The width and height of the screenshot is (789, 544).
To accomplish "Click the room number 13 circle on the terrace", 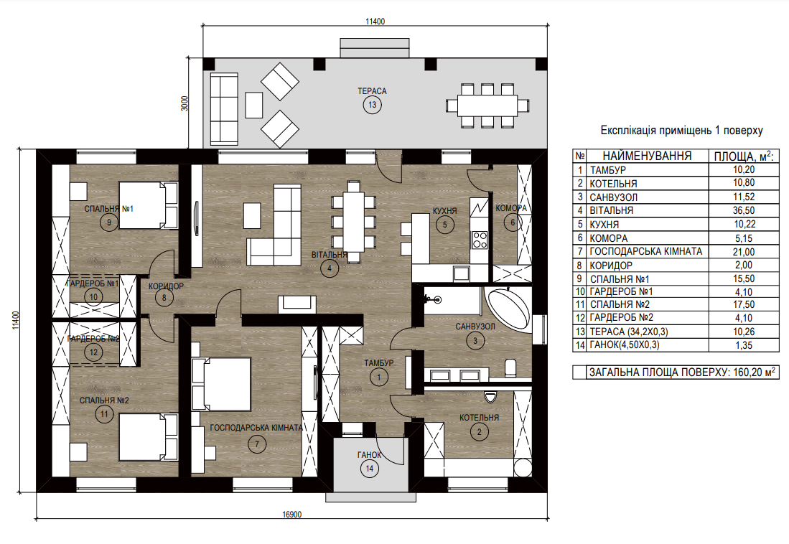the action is coord(373,105).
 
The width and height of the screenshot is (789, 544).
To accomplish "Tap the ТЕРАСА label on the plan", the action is coord(373,91).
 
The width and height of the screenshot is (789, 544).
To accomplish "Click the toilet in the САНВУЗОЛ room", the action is coord(510,368).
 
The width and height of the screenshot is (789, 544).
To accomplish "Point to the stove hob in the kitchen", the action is coord(480,240).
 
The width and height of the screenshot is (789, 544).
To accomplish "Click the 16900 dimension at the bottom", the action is coord(292,515).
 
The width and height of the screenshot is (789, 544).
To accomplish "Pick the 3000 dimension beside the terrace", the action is coord(185,103).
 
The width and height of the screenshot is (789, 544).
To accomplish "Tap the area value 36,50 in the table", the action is coord(744,210).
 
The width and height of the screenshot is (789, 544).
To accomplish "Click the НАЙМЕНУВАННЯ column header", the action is coord(647,156).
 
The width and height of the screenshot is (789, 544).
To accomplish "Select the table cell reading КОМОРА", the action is coord(608,238).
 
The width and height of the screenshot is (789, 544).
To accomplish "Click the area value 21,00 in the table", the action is coord(744,252).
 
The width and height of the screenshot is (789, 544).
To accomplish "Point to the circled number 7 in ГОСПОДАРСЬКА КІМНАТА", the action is coord(257,444).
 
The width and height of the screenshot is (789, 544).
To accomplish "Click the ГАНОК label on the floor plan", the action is coord(369,455).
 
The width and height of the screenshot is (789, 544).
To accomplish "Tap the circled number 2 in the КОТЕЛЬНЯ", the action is coord(479,432).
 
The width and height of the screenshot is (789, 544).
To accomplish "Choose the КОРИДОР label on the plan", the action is coord(166,286).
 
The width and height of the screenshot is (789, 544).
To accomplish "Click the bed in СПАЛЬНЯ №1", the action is coord(149,205).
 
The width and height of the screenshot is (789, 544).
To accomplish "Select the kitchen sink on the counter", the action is coord(461,273).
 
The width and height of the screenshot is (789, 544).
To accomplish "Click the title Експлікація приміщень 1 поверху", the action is coord(682,131).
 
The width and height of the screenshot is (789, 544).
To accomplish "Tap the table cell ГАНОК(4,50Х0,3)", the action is coord(625,344).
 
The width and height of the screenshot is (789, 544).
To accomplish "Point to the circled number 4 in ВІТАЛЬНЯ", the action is coord(330,268).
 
